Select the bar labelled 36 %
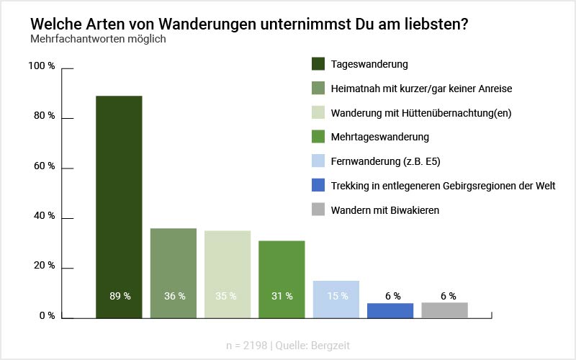(174, 266)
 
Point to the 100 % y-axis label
(41, 66)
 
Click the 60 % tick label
(43, 166)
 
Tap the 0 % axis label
(46, 316)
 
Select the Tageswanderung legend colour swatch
(319, 64)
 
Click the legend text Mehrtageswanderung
(379, 137)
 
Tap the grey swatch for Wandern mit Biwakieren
(319, 210)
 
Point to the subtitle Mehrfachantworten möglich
(98, 39)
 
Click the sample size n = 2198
(248, 345)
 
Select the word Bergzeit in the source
(330, 345)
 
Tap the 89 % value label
(119, 296)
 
